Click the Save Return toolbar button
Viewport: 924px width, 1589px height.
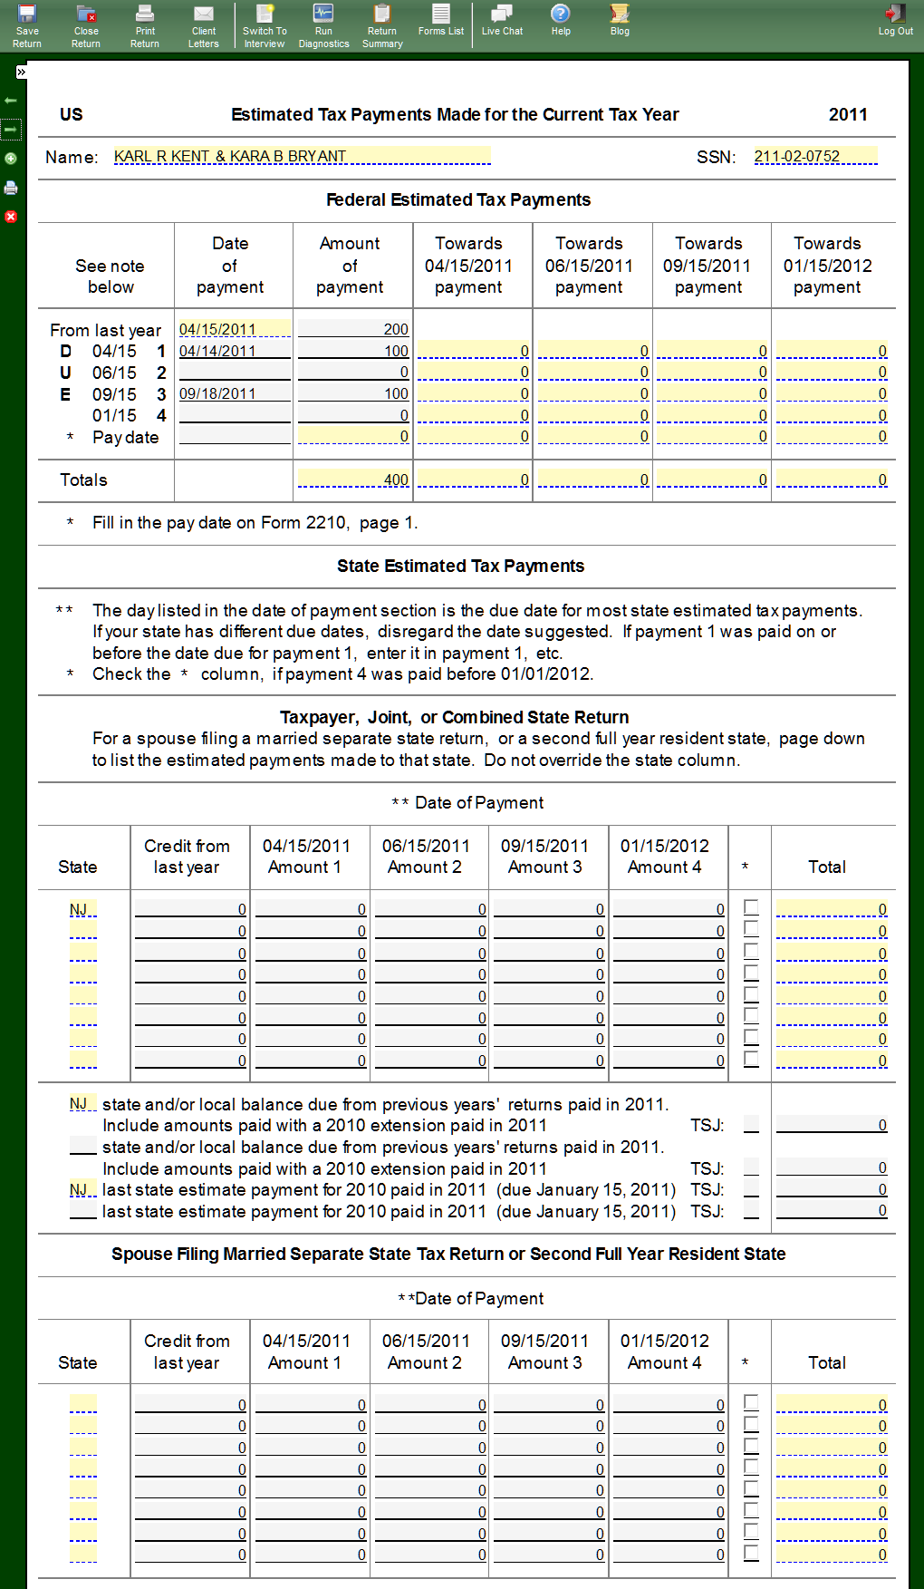click(x=27, y=24)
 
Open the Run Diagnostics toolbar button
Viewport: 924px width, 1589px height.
click(x=323, y=24)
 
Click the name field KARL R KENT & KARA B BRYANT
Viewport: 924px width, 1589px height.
click(x=302, y=156)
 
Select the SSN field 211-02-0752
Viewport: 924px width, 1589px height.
click(x=815, y=156)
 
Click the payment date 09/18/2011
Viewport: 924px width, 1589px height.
click(x=235, y=393)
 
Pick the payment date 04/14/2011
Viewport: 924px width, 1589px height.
click(x=235, y=351)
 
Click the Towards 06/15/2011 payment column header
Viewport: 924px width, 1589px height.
click(x=589, y=265)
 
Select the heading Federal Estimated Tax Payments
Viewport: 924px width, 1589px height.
click(x=458, y=199)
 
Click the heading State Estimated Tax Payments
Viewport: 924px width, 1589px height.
click(x=460, y=566)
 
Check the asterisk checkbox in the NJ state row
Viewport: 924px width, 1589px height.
click(x=751, y=906)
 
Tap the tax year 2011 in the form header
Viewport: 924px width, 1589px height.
click(x=848, y=114)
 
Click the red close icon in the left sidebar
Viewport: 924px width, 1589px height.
click(x=11, y=217)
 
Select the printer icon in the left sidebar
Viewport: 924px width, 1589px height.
click(x=11, y=188)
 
